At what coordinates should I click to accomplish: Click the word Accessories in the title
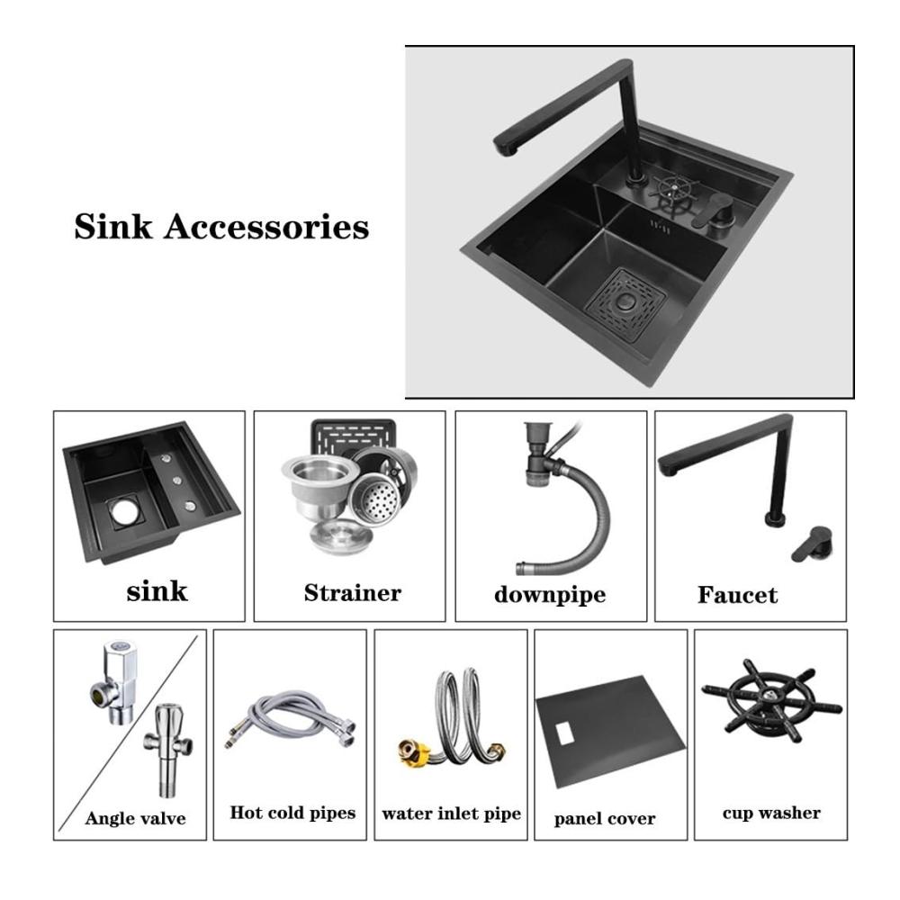click(x=266, y=226)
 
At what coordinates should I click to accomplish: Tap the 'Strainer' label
click(x=353, y=593)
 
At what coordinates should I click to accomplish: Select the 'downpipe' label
click(x=550, y=595)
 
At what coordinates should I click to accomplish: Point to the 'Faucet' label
click(x=738, y=595)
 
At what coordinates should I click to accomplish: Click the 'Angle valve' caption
click(x=136, y=818)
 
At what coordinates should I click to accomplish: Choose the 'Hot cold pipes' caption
click(x=292, y=813)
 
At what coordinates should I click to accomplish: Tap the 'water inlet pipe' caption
click(x=451, y=814)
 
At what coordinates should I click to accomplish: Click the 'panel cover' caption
click(x=605, y=818)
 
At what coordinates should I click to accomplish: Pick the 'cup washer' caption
click(x=771, y=813)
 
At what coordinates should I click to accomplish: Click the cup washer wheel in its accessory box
click(x=771, y=699)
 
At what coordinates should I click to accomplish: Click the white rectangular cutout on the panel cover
click(x=565, y=733)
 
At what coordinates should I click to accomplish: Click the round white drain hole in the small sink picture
click(x=123, y=513)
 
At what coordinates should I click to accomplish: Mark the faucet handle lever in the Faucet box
click(x=812, y=544)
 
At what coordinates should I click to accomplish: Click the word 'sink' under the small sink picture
click(x=157, y=591)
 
